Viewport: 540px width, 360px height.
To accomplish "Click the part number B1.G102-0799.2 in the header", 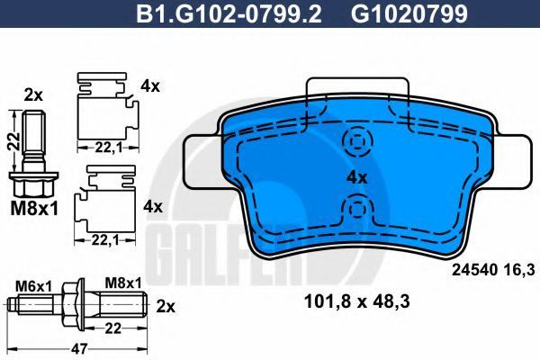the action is click(x=229, y=13).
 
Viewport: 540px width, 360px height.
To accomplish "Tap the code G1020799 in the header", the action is click(x=409, y=13).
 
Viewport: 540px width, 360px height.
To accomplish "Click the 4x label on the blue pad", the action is click(x=357, y=178).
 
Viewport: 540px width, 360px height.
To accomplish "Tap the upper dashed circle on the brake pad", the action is click(x=358, y=141).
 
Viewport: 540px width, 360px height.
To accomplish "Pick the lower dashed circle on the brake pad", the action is click(x=358, y=209).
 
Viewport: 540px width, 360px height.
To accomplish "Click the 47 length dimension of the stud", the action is click(x=79, y=348).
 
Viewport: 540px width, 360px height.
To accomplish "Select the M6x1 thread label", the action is click(x=33, y=285).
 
